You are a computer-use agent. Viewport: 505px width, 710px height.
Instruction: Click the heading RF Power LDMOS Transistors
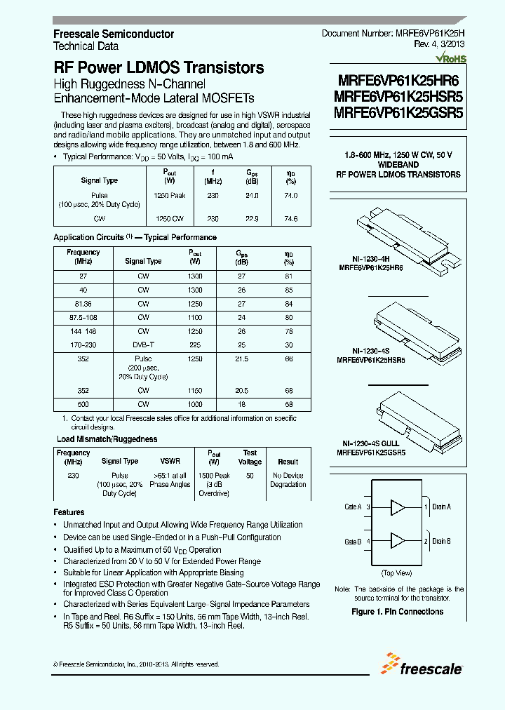[x=159, y=68]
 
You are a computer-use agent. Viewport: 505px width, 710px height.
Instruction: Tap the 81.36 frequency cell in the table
[x=83, y=304]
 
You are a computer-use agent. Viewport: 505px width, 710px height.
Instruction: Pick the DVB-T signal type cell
[x=143, y=345]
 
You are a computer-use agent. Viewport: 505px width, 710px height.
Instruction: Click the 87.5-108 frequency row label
[x=83, y=317]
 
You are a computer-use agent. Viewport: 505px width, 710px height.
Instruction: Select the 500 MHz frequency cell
[x=83, y=404]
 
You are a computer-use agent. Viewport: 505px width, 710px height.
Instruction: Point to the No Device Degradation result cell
[x=288, y=480]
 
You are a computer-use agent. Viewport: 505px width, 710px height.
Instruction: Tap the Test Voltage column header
[x=250, y=457]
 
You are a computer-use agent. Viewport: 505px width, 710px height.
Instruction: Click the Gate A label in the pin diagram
[x=353, y=507]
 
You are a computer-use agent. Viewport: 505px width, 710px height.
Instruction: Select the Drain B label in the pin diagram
[x=442, y=541]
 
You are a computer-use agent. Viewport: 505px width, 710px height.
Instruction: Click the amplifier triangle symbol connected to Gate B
[x=398, y=541]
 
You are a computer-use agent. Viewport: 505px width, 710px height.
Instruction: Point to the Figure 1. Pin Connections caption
[x=397, y=612]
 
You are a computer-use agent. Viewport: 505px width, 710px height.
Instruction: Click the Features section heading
[x=69, y=512]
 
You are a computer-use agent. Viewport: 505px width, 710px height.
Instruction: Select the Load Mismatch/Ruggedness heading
[x=107, y=439]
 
